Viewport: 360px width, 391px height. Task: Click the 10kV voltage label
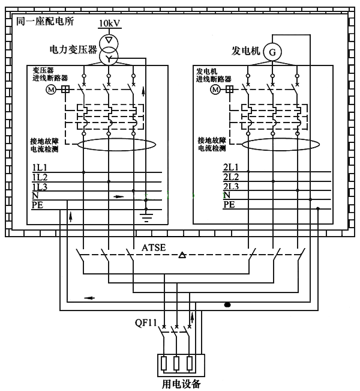tap(109, 23)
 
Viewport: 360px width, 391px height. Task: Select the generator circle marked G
tap(272, 53)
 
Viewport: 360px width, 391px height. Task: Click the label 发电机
tap(245, 52)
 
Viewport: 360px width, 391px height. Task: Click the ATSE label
tap(154, 247)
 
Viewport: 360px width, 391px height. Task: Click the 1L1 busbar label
tap(40, 167)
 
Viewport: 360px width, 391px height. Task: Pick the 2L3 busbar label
tap(231, 186)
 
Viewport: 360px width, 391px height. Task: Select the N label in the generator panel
tap(226, 195)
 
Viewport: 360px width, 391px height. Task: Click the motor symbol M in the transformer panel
tap(50, 89)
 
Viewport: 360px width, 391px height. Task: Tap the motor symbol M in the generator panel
tap(215, 89)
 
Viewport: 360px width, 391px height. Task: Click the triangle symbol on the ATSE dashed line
tap(182, 256)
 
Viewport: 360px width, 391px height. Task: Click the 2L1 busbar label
tap(231, 167)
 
